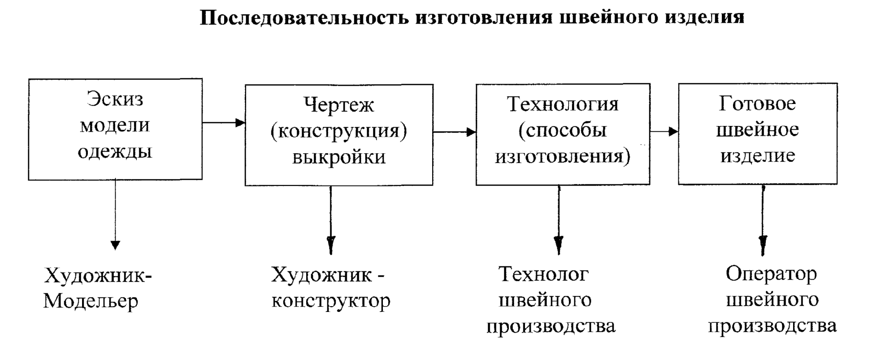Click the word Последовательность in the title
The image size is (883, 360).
pyautogui.click(x=304, y=17)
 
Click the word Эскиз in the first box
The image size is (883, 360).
pyautogui.click(x=115, y=99)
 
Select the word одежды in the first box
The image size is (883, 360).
pyautogui.click(x=115, y=151)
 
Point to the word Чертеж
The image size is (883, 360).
pyautogui.click(x=339, y=105)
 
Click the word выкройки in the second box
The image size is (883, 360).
pyautogui.click(x=339, y=157)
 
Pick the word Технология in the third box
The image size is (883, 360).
pyautogui.click(x=562, y=104)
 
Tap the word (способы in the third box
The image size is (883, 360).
pyautogui.click(x=562, y=130)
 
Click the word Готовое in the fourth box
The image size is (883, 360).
pyautogui.click(x=757, y=103)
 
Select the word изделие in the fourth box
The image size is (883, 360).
pyautogui.click(x=757, y=156)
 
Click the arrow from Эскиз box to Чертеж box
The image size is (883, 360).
pyautogui.click(x=223, y=123)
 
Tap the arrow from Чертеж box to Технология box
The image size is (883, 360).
pyautogui.click(x=454, y=132)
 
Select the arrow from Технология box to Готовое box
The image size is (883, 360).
pyautogui.click(x=664, y=131)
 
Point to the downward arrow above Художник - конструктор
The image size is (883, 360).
pyautogui.click(x=331, y=220)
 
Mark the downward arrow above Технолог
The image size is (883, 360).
pyautogui.click(x=559, y=220)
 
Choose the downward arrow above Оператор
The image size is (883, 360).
pyautogui.click(x=763, y=220)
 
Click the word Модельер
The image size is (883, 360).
pyautogui.click(x=90, y=301)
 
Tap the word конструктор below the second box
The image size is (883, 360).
pyautogui.click(x=331, y=301)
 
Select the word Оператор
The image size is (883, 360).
pyautogui.click(x=771, y=274)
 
